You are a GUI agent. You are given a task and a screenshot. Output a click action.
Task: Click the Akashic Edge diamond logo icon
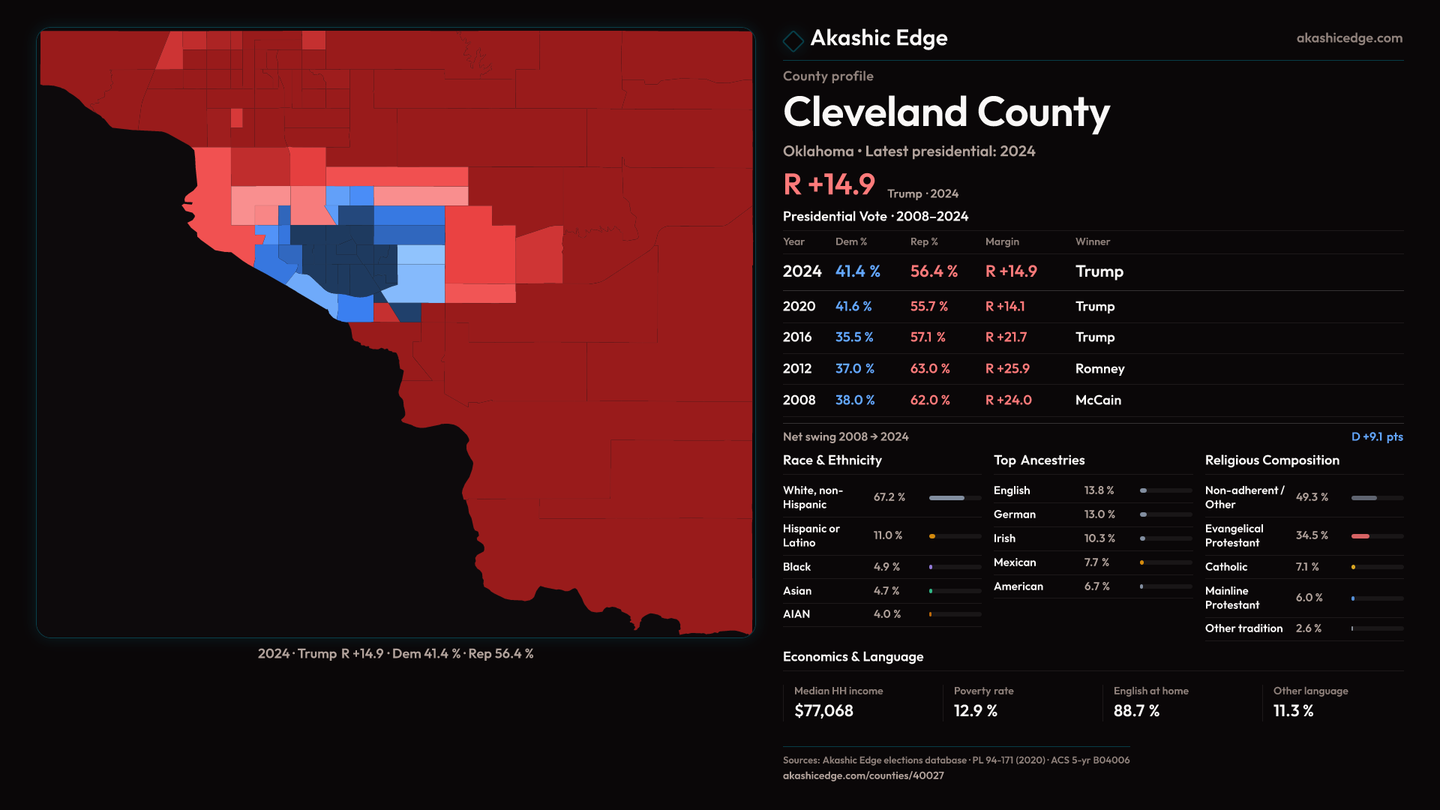pos(793,40)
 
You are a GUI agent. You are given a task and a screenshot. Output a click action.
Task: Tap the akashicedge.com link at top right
pos(1349,38)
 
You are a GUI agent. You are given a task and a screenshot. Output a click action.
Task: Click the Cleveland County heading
pos(946,112)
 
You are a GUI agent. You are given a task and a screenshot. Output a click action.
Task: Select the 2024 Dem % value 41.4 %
pos(857,271)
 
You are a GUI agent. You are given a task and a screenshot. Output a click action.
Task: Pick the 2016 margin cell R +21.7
pos(1006,337)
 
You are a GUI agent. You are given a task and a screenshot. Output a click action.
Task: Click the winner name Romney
pos(1099,369)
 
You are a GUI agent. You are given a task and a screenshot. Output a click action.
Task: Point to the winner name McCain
pos(1098,400)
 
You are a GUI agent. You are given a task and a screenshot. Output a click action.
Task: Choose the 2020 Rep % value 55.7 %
pos(928,307)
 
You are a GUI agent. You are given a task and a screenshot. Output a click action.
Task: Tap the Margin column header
pos(1002,241)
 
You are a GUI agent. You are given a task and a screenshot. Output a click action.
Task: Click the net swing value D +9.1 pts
pos(1376,436)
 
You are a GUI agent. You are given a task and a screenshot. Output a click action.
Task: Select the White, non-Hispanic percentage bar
pos(947,498)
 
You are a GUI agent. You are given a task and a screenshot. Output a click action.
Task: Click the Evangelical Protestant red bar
pos(1360,536)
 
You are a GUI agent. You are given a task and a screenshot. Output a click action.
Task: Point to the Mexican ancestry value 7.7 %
pos(1096,562)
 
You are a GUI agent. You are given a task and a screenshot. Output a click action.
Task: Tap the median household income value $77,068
pos(823,711)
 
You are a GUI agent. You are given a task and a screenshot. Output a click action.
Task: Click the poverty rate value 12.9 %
pos(975,711)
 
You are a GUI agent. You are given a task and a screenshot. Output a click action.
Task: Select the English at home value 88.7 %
pos(1136,711)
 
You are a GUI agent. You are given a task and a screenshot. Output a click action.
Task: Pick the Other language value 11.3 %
pos(1293,711)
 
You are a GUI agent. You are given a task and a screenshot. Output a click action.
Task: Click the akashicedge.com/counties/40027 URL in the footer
pos(863,775)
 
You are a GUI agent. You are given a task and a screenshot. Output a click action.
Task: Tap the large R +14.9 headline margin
pos(829,184)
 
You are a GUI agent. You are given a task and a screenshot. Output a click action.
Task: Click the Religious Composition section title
pos(1272,460)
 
